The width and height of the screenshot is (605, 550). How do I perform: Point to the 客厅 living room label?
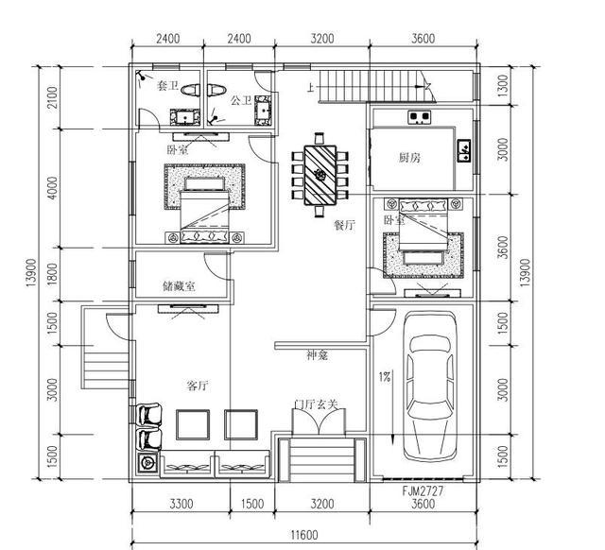tap(197, 386)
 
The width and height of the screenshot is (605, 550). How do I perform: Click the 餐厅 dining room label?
tap(343, 225)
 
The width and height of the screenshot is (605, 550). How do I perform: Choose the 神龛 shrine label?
tap(317, 355)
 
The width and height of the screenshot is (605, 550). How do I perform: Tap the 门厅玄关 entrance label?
tap(317, 404)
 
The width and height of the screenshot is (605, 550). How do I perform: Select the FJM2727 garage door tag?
tap(421, 492)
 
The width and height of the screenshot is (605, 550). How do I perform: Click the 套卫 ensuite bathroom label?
tap(167, 86)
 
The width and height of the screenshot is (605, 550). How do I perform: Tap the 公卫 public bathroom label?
tap(240, 99)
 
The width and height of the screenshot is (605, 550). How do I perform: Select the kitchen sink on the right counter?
tap(463, 150)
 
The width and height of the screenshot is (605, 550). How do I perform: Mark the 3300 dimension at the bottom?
tap(181, 505)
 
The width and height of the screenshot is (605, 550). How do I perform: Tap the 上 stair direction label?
tap(309, 89)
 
